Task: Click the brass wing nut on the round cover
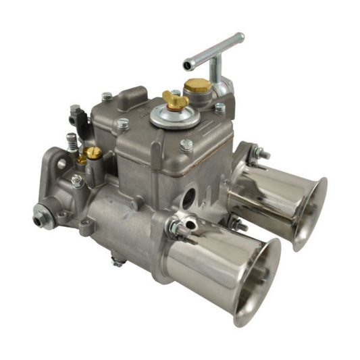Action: tap(175, 101)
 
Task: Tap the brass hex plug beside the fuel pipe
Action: tap(197, 85)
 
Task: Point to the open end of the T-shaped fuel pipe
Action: tap(188, 66)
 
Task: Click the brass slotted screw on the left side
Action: tap(94, 154)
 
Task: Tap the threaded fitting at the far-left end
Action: tap(41, 220)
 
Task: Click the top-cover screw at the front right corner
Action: tap(187, 144)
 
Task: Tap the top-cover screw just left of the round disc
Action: tap(123, 124)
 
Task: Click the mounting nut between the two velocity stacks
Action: tap(236, 224)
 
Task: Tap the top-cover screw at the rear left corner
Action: tap(107, 97)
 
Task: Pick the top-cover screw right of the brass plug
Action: tap(220, 107)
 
